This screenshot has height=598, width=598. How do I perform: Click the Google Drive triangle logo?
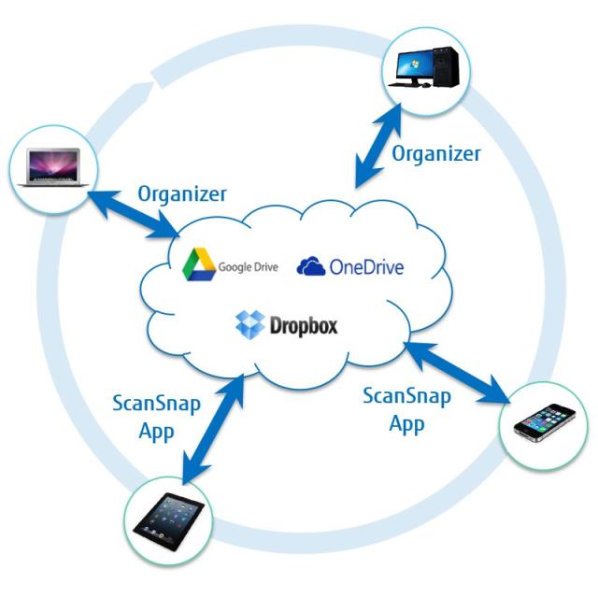pyautogui.click(x=199, y=264)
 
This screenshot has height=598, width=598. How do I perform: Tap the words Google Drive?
pyautogui.click(x=249, y=267)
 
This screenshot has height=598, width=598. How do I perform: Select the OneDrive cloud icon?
pyautogui.click(x=311, y=267)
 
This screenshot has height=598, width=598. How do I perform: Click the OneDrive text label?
pyautogui.click(x=366, y=267)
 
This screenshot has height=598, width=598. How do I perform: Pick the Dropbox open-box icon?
pyautogui.click(x=249, y=324)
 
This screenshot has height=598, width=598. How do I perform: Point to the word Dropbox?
pyautogui.click(x=304, y=326)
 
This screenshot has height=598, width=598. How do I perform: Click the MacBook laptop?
pyautogui.click(x=52, y=166)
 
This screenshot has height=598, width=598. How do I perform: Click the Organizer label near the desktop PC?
pyautogui.click(x=435, y=152)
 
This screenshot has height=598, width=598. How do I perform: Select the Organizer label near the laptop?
pyautogui.click(x=182, y=193)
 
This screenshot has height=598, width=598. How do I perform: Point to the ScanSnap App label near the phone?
pyautogui.click(x=406, y=409)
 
